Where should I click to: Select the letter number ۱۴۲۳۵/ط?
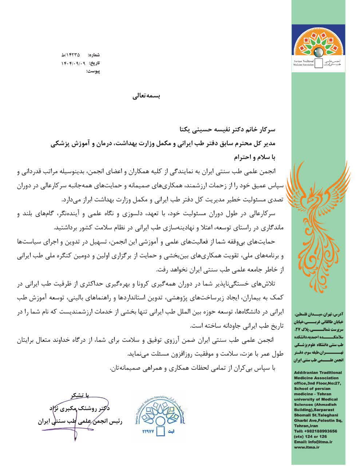coord(71,55)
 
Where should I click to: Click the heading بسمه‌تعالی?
coord(145,96)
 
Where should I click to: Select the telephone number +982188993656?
coord(318,431)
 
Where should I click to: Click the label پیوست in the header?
coord(93,71)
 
